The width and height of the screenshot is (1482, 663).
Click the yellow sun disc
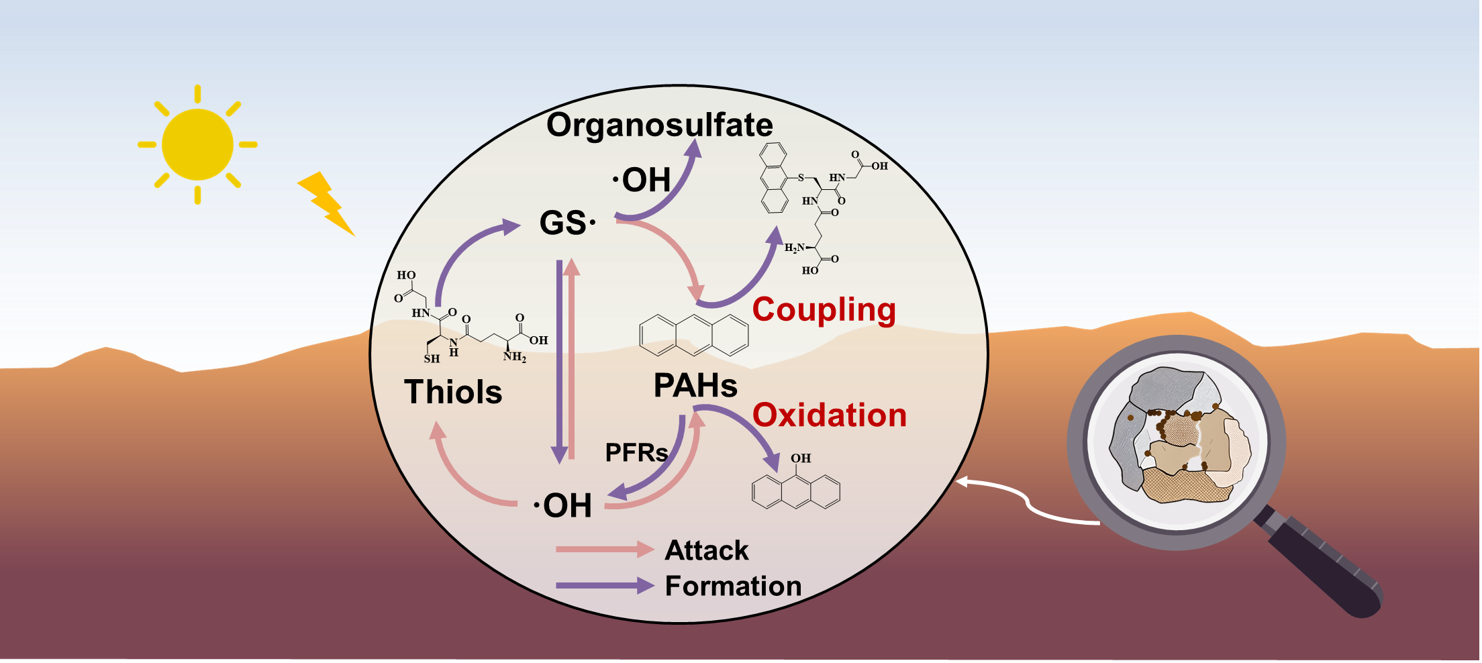pos(197,144)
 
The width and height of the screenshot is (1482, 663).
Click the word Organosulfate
pos(659,125)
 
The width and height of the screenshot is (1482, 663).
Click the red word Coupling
pos(824,310)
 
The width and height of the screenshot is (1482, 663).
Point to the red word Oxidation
pos(829,415)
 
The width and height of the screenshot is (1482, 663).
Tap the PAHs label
pos(695,386)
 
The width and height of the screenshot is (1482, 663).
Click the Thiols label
pos(453,392)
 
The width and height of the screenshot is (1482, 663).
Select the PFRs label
pos(636,452)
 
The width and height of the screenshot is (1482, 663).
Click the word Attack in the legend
pos(707,550)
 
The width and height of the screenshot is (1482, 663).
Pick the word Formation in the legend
pos(733,586)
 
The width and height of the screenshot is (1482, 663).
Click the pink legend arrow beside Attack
pos(604,550)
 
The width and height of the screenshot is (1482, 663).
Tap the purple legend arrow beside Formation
pos(604,585)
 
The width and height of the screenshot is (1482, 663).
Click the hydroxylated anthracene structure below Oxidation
pos(796,490)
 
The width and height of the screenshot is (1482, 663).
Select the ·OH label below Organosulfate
pos(642,180)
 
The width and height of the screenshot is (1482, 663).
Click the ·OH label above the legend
pos(562,506)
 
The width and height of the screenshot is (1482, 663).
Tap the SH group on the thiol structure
pos(432,358)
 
